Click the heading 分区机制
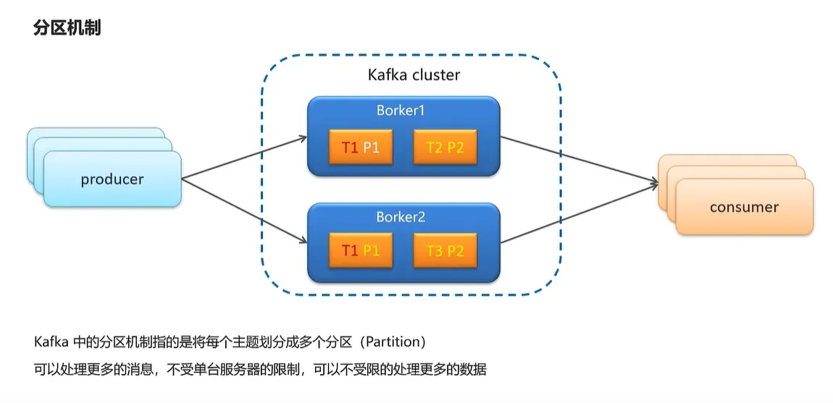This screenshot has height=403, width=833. tap(67, 28)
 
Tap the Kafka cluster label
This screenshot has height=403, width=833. tap(414, 75)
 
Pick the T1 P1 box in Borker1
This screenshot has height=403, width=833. tap(361, 147)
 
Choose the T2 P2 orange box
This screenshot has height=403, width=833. tap(445, 147)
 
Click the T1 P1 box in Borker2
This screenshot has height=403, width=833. tap(361, 251)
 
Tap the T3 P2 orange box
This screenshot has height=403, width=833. tap(445, 251)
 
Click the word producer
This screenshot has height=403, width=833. tap(112, 179)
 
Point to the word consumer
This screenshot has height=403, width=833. tap(744, 207)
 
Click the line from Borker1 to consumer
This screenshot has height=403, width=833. tap(576, 161)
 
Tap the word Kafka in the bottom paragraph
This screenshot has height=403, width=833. tap(49, 342)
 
